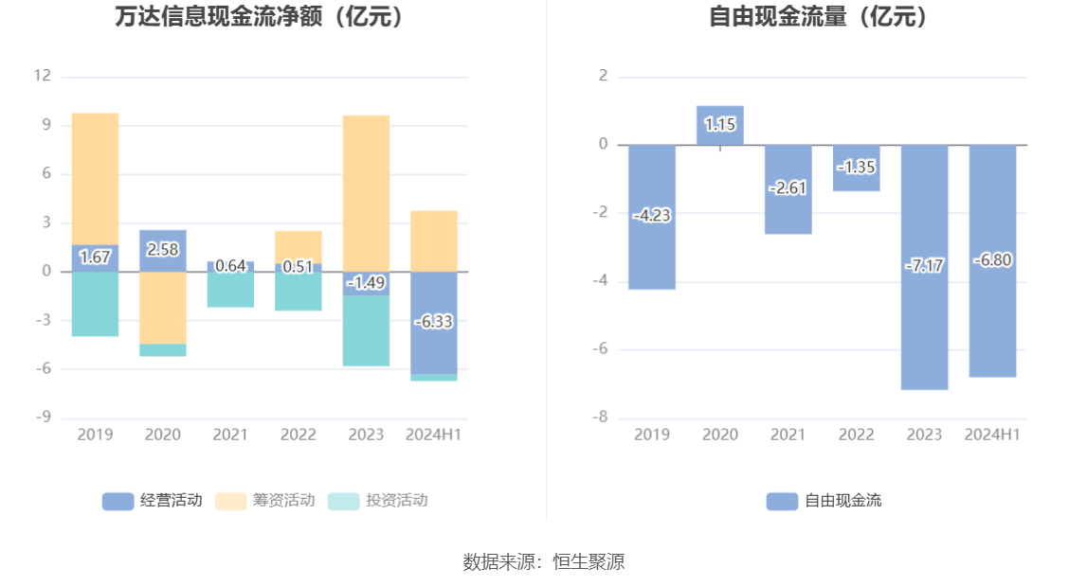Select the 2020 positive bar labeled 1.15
[x=720, y=124]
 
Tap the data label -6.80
[x=992, y=260]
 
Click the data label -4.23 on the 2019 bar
[x=652, y=216]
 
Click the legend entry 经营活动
[x=152, y=501]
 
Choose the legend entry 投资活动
[x=378, y=501]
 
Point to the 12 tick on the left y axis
[x=42, y=76]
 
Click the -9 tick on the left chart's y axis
[x=42, y=417]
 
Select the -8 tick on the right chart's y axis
[x=601, y=417]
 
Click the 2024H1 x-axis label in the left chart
[x=433, y=435]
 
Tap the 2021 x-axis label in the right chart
[x=788, y=435]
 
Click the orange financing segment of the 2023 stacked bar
[x=366, y=189]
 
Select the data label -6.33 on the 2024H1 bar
[x=433, y=322]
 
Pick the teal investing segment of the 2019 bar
[x=95, y=304]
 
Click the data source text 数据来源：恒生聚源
[x=543, y=561]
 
